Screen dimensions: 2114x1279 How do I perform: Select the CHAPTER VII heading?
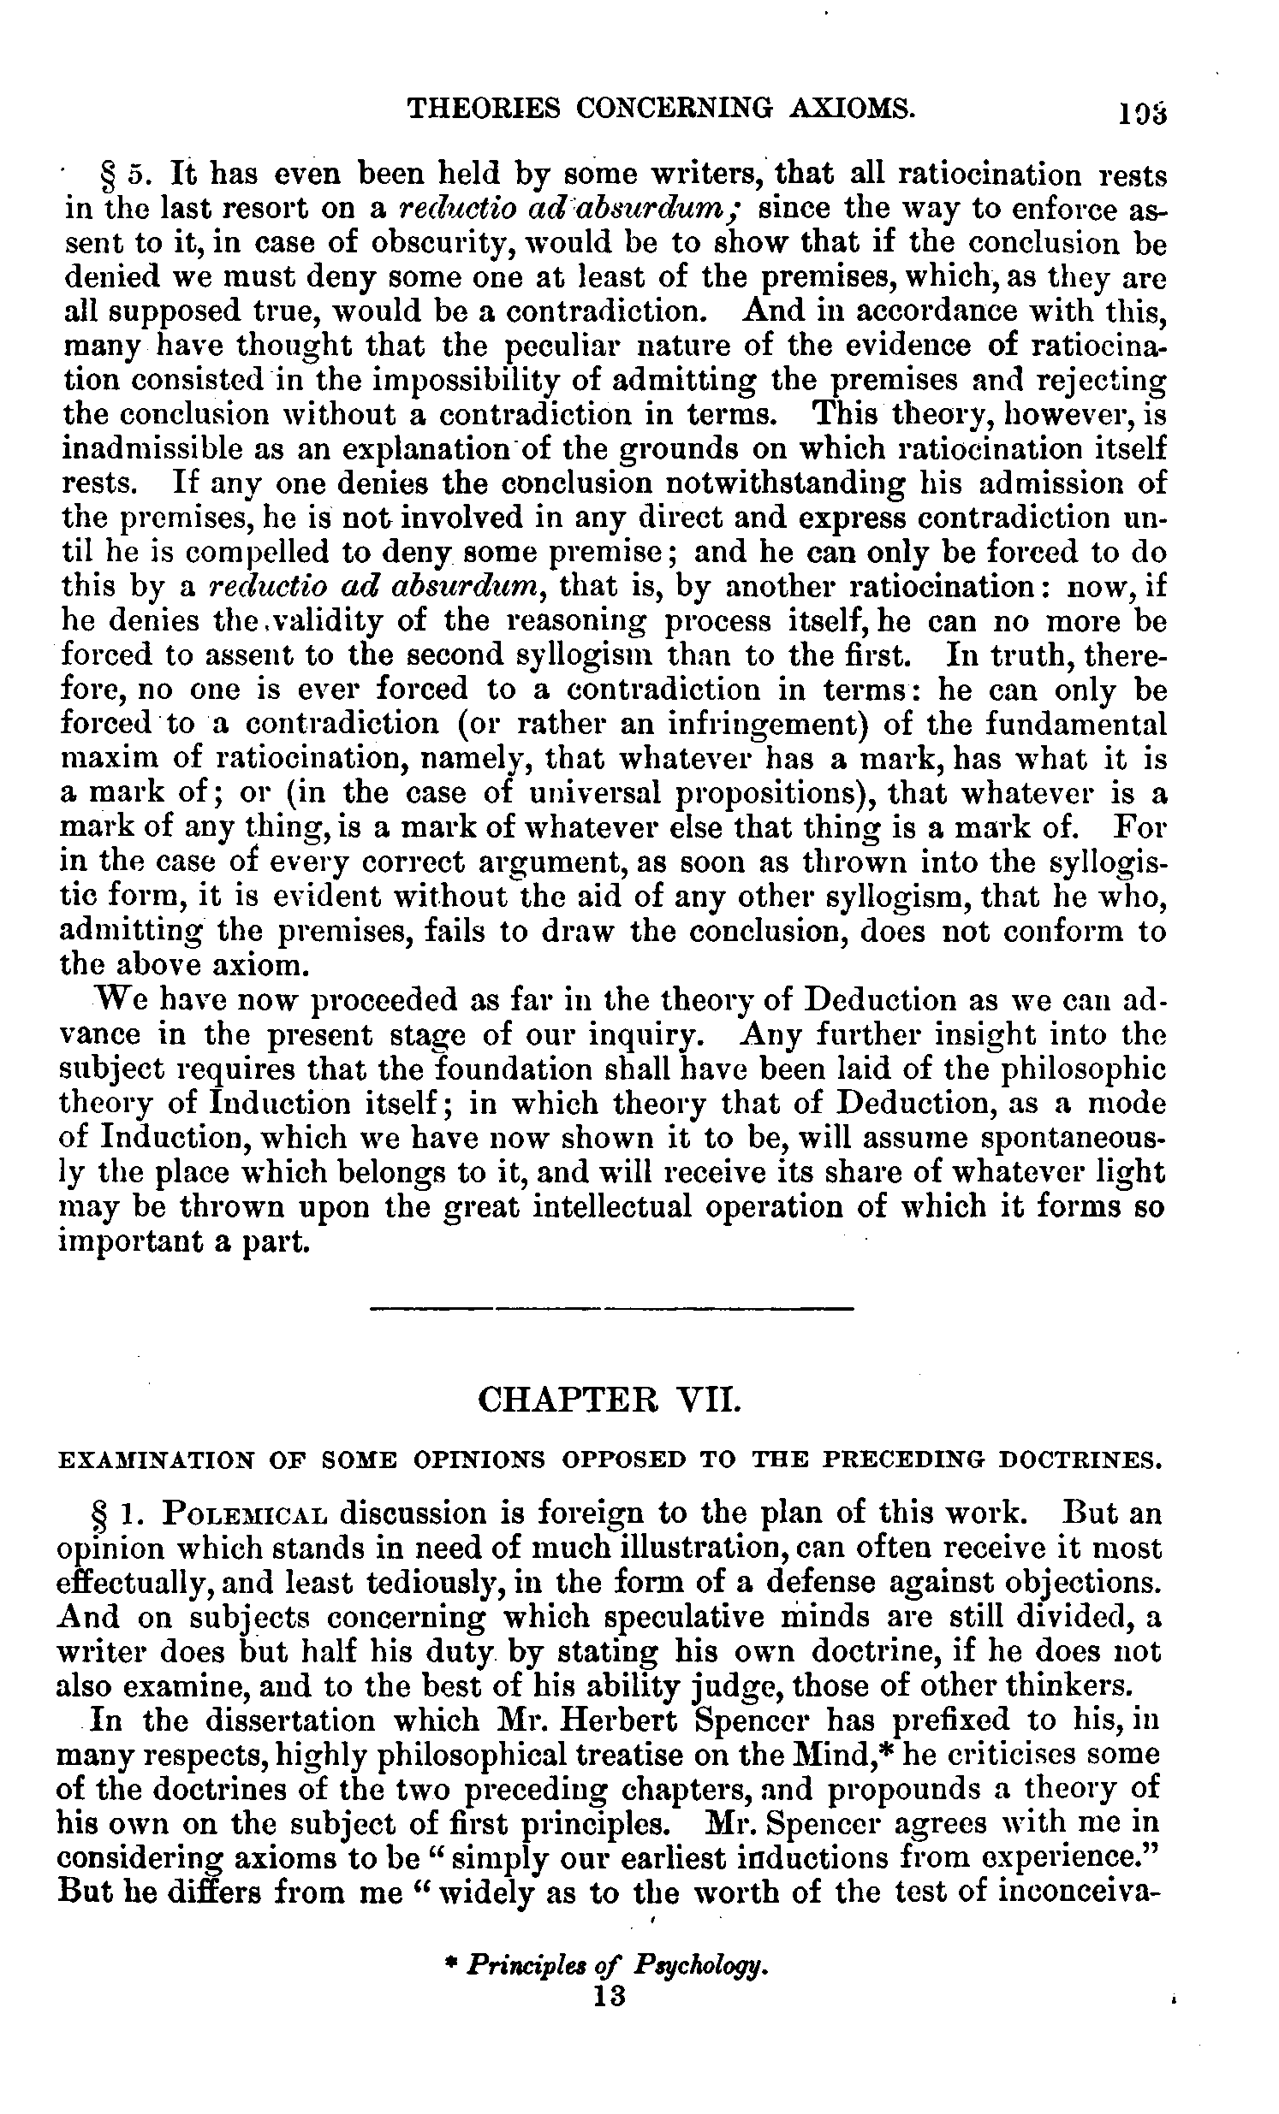(611, 1403)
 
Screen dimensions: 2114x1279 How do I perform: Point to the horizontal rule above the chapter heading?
(611, 1308)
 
